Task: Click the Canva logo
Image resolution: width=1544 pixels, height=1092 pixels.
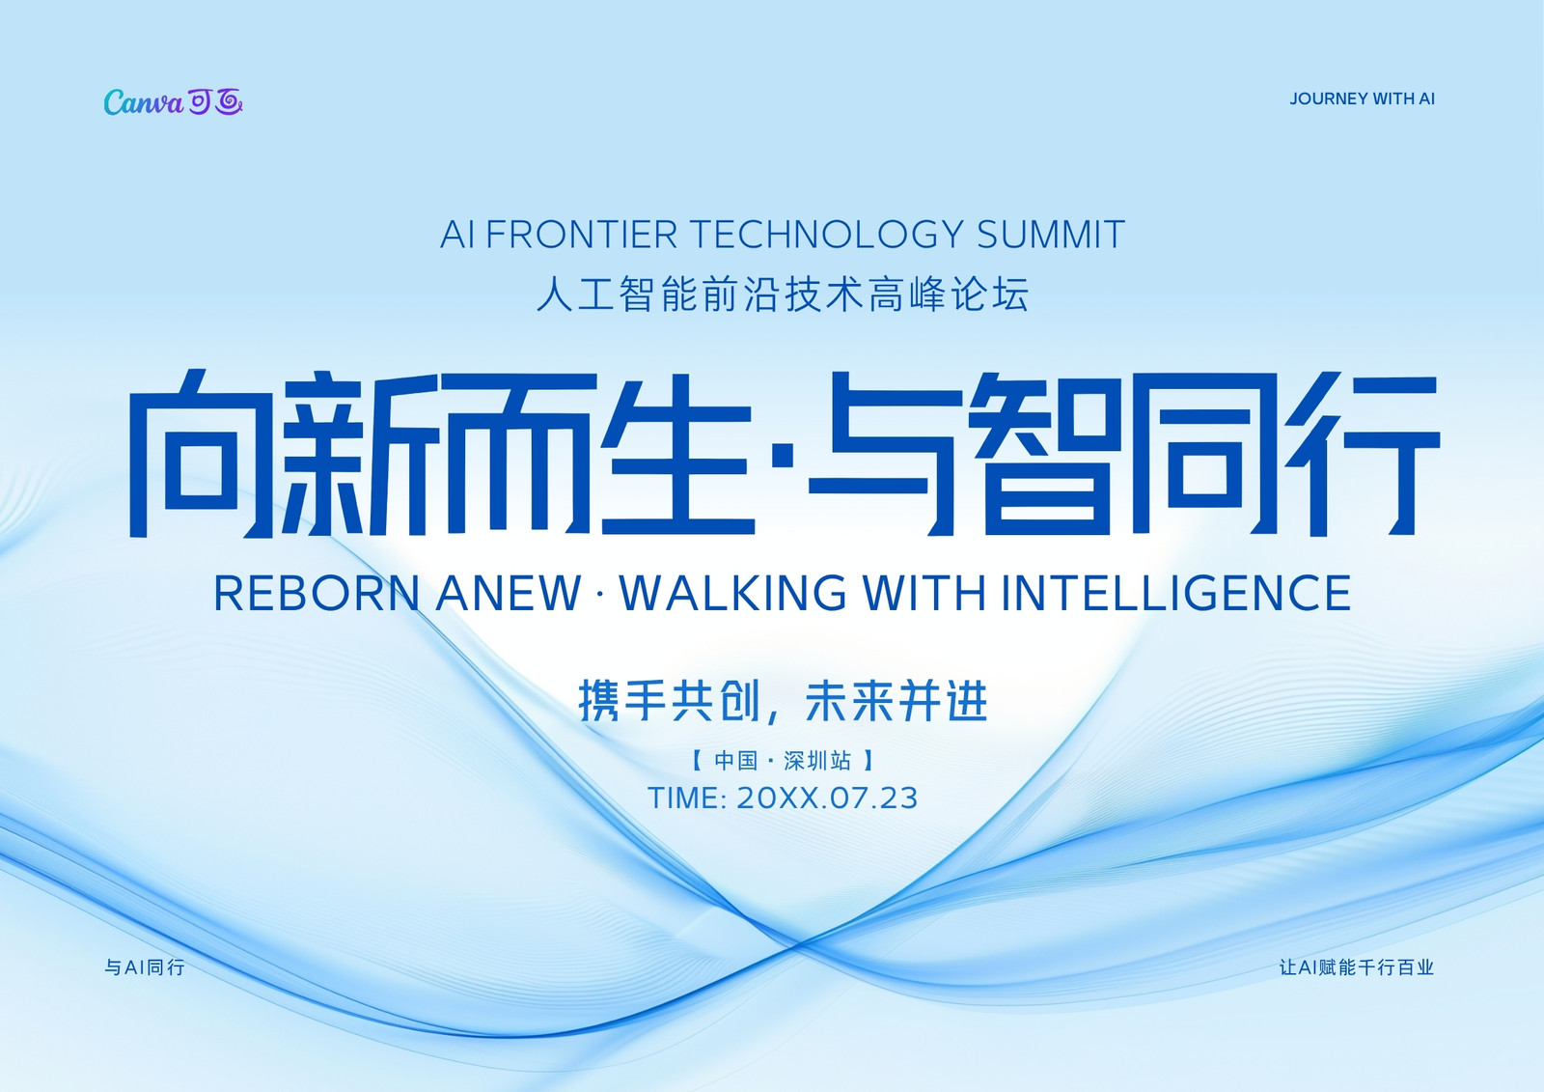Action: click(x=173, y=102)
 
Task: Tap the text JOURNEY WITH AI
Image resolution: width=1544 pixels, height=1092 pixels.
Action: click(x=1362, y=99)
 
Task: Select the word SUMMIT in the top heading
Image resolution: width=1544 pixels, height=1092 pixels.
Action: click(x=1051, y=235)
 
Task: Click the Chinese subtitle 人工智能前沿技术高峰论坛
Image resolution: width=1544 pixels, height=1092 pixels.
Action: click(x=783, y=294)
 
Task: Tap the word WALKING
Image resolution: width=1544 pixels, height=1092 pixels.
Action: click(x=732, y=593)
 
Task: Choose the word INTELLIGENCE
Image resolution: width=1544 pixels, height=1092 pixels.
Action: click(x=1175, y=593)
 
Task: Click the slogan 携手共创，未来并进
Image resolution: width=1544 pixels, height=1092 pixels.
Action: click(x=783, y=701)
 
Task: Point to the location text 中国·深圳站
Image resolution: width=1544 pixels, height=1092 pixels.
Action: click(x=783, y=761)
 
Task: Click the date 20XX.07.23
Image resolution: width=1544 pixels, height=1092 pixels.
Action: click(x=827, y=798)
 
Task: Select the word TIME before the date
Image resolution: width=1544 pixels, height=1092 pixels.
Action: click(x=684, y=798)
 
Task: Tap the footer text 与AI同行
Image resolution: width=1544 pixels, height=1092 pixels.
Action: click(x=145, y=967)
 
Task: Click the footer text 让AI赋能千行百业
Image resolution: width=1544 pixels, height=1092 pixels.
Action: click(x=1357, y=967)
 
